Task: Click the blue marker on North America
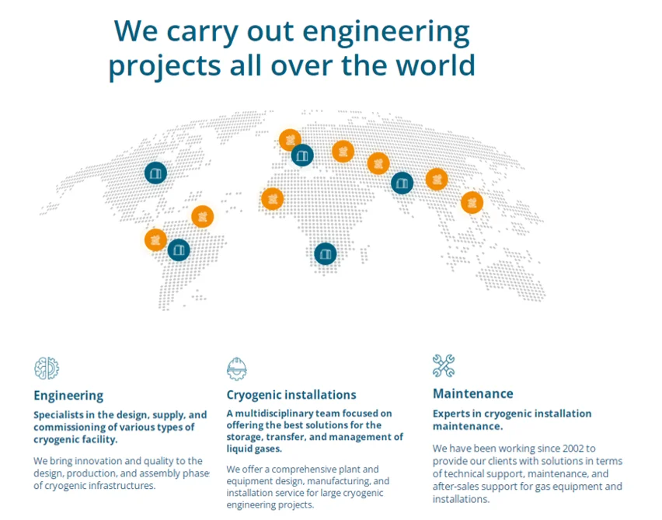[x=156, y=173]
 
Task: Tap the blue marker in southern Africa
[x=326, y=254]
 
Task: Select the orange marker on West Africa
[x=272, y=198]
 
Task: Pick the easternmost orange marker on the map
[x=472, y=202]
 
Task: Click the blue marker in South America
[x=179, y=250]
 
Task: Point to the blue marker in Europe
[x=302, y=155]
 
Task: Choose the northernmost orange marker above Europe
[x=290, y=140]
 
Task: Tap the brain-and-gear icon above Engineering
[x=47, y=368]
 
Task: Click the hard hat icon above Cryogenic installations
[x=236, y=368]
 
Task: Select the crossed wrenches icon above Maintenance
[x=444, y=365]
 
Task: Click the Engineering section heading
[x=68, y=396]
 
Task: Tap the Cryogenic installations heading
[x=291, y=395]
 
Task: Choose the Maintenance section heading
[x=473, y=394]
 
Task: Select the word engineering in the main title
[x=386, y=33]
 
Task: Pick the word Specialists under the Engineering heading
[x=59, y=415]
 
